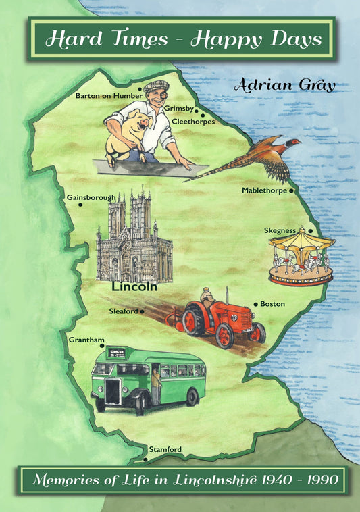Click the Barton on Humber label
[109, 96]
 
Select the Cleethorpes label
[193, 122]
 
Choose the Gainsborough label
[91, 197]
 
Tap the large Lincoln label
[134, 286]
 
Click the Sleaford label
[123, 311]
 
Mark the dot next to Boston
[255, 305]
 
